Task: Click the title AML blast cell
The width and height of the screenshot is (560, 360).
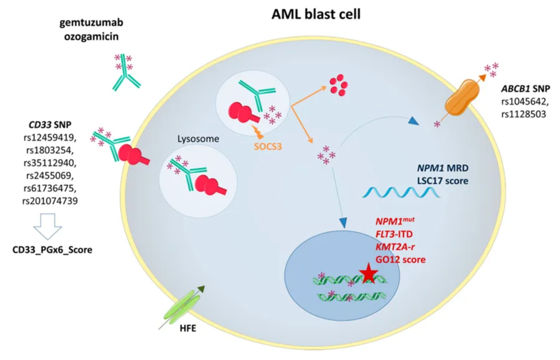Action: (316, 14)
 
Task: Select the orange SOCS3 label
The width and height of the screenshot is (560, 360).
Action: (268, 146)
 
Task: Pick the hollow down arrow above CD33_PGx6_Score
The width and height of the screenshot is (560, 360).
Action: (47, 226)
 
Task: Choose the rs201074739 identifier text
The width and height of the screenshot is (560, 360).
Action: (50, 201)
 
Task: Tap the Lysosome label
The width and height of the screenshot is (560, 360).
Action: (198, 139)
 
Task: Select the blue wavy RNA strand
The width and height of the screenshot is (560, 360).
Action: (401, 193)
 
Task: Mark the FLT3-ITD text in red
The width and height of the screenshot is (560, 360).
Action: (394, 234)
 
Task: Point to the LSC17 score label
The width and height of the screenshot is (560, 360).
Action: (443, 180)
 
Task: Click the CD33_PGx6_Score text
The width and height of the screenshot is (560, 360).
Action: (52, 250)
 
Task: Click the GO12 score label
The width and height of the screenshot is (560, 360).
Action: (400, 260)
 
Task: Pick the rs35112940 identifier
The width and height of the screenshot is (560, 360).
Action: (50, 163)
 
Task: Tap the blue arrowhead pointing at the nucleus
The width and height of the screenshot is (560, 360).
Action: (343, 223)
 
